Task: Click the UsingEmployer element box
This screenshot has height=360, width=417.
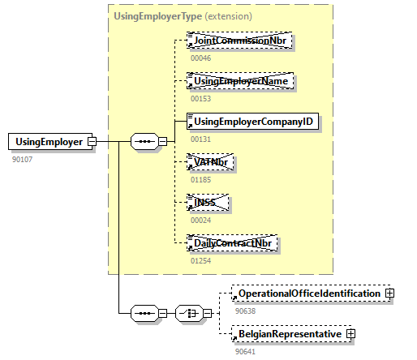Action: [48, 142]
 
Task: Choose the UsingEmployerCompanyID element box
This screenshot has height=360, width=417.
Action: [252, 122]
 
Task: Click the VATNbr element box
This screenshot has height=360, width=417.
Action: [212, 162]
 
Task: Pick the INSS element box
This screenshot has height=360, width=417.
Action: [208, 203]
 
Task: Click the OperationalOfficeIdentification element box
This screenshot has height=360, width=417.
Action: [307, 293]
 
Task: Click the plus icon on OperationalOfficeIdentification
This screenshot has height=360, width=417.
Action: [389, 293]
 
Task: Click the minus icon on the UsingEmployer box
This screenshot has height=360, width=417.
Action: [92, 142]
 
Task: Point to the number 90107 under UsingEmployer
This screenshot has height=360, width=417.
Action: [23, 159]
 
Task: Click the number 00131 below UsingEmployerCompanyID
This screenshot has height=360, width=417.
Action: [200, 139]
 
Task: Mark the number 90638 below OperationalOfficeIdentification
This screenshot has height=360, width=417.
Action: [245, 310]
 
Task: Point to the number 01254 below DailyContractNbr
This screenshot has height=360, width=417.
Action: [200, 260]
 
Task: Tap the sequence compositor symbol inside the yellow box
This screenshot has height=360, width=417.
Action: [144, 142]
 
